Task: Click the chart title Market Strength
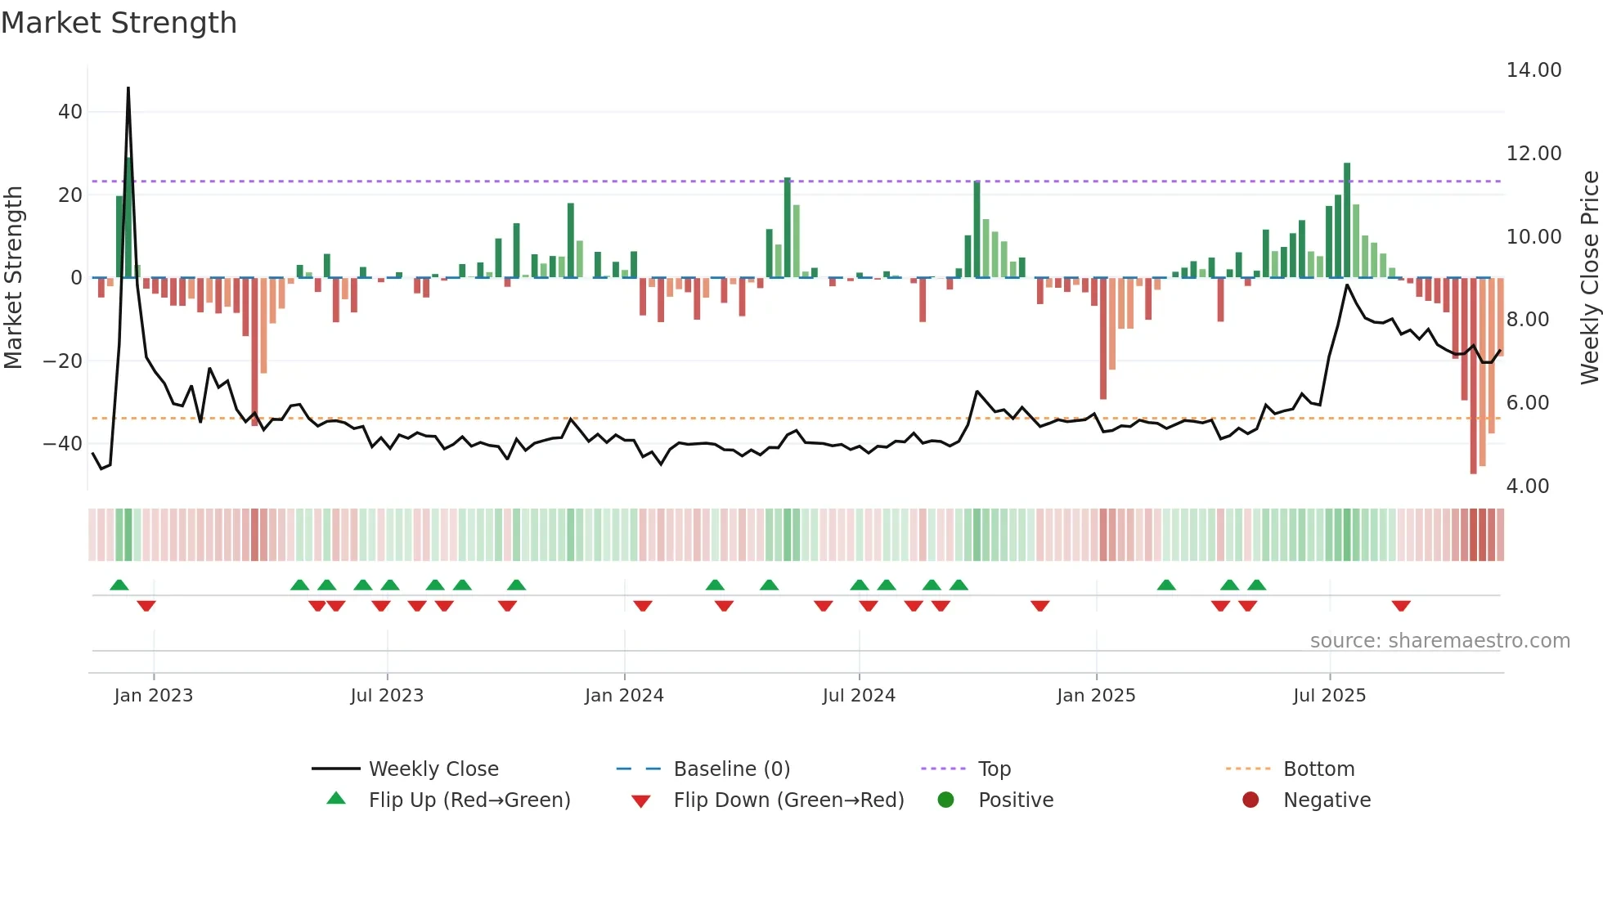click(x=119, y=23)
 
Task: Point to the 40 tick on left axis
click(x=70, y=112)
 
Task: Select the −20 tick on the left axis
click(x=63, y=361)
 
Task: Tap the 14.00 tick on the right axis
click(x=1533, y=70)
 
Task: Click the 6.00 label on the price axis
click(x=1527, y=403)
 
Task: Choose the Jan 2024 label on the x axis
click(x=624, y=696)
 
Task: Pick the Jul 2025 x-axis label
click(x=1329, y=696)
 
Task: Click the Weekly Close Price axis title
click(x=1589, y=278)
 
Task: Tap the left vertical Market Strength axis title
click(x=13, y=278)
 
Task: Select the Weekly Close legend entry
click(x=433, y=769)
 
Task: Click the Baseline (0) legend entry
click(x=731, y=769)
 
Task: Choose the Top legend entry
click(x=995, y=769)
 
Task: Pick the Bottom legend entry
click(x=1318, y=769)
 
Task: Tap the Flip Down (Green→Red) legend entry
click(x=788, y=800)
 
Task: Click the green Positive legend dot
click(x=946, y=800)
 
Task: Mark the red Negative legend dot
click(x=1251, y=800)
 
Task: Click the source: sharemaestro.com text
click(x=1439, y=641)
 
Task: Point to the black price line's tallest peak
click(x=128, y=88)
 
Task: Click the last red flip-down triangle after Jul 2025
click(x=1401, y=606)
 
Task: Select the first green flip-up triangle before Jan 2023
click(x=119, y=585)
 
